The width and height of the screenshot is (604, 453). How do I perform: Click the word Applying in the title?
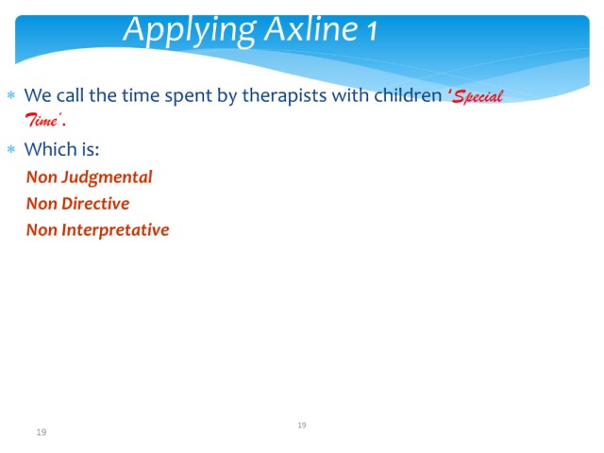pyautogui.click(x=190, y=31)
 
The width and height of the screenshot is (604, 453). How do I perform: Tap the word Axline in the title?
pyautogui.click(x=311, y=28)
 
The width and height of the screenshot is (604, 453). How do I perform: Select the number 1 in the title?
pyautogui.click(x=372, y=31)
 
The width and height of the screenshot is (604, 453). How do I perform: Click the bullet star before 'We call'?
pyautogui.click(x=11, y=94)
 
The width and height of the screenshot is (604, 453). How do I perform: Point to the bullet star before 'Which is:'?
pyautogui.click(x=11, y=149)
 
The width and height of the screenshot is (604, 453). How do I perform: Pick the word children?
pyautogui.click(x=408, y=94)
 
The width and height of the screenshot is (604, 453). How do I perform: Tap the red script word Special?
pyautogui.click(x=478, y=96)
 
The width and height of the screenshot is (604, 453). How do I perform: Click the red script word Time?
pyautogui.click(x=42, y=120)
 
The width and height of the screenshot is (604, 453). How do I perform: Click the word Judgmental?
pyautogui.click(x=107, y=177)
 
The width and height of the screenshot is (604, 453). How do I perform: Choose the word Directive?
pyautogui.click(x=95, y=204)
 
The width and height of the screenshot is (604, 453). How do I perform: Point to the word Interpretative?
pyautogui.click(x=115, y=230)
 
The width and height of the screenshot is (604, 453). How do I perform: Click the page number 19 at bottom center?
pyautogui.click(x=302, y=425)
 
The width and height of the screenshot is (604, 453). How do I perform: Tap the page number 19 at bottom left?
pyautogui.click(x=42, y=432)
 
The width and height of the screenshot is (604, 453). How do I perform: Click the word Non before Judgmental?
pyautogui.click(x=42, y=177)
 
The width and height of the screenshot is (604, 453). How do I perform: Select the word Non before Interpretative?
pyautogui.click(x=42, y=230)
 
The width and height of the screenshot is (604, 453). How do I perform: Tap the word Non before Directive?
pyautogui.click(x=42, y=204)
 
